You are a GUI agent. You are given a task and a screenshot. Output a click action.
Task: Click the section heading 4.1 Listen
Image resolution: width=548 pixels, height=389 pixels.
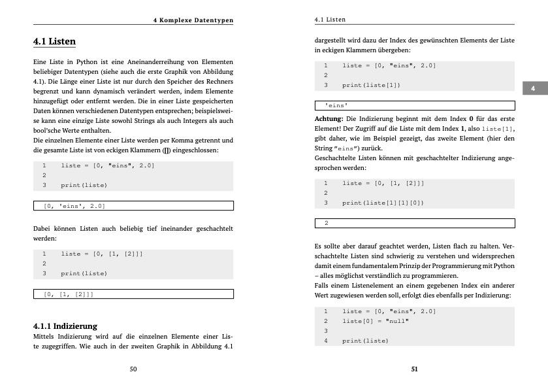[54, 41]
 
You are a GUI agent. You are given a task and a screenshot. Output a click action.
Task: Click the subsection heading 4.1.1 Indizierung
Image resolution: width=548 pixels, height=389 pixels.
[65, 326]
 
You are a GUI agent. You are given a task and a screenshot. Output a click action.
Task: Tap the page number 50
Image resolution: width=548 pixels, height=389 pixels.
[133, 369]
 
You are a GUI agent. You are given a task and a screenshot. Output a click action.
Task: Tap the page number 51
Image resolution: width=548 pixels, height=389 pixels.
[414, 369]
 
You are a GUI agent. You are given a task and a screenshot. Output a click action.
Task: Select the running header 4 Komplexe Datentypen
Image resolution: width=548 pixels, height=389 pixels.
[193, 20]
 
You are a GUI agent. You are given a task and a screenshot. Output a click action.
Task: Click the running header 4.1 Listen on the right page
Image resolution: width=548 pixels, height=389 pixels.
[330, 20]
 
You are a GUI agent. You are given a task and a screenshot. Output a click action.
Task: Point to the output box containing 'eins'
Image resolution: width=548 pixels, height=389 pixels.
[414, 105]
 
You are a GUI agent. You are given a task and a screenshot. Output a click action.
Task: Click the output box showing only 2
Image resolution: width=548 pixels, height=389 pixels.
[414, 223]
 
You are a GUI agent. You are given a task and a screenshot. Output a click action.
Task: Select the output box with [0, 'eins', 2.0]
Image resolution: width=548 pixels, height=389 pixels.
[133, 206]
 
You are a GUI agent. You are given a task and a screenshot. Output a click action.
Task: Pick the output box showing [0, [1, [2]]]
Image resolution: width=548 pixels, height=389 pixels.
[133, 294]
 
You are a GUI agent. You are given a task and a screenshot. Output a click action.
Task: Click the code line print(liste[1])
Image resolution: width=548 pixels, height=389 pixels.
[372, 85]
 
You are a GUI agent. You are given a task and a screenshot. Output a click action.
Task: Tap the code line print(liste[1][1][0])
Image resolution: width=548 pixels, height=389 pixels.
[383, 203]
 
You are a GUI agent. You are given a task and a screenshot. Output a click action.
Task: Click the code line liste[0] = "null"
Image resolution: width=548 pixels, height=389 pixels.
[376, 321]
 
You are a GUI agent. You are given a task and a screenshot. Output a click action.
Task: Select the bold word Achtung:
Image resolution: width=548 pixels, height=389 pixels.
[329, 119]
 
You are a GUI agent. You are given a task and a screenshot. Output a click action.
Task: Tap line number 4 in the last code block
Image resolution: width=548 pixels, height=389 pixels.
[325, 341]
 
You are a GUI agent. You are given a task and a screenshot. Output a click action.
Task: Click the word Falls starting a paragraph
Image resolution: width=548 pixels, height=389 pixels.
[323, 286]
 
